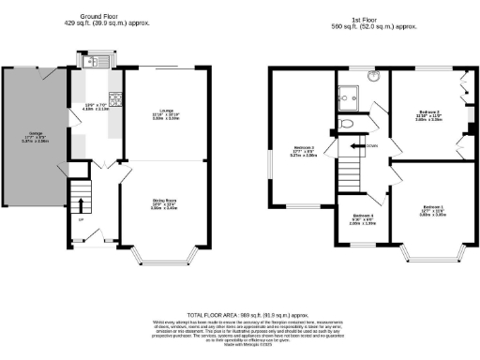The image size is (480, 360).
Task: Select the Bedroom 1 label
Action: point(432,209)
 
